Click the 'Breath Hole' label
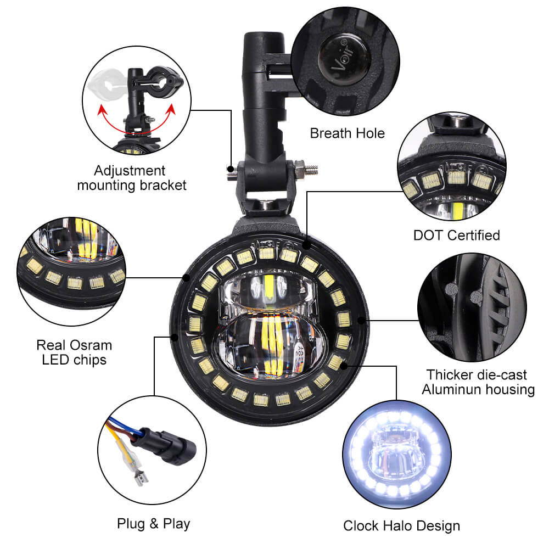coord(348,133)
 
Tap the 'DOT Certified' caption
coord(457,236)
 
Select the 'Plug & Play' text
coord(153,524)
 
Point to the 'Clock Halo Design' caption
coord(402,526)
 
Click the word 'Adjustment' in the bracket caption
coord(130,171)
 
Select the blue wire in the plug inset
coord(123,426)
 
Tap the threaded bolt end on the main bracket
coord(312,170)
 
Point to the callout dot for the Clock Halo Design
coord(344,366)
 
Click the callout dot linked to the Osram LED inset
coord(186,278)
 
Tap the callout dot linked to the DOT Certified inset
coord(307,245)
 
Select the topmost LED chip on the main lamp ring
coord(266,253)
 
